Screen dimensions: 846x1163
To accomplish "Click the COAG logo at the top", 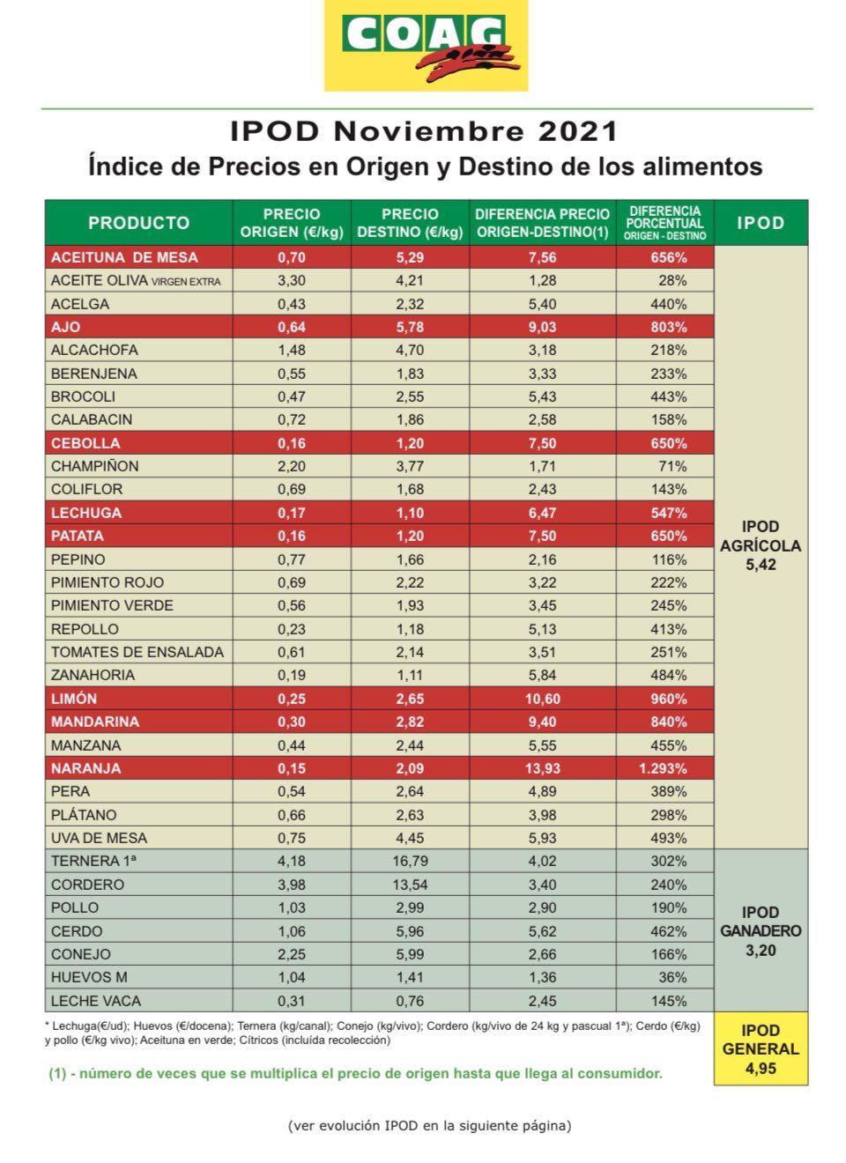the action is (x=426, y=46).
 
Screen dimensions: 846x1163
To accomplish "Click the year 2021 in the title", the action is (x=577, y=131).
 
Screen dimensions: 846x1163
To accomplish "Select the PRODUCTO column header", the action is (x=138, y=223).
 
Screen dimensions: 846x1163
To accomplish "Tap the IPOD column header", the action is (x=761, y=223).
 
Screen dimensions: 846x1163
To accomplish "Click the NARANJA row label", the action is (x=85, y=768).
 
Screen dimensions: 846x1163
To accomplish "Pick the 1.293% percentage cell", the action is (x=663, y=768).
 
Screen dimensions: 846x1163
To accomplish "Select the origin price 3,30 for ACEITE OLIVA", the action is (x=292, y=280).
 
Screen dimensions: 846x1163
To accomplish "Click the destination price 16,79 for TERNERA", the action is (x=410, y=861).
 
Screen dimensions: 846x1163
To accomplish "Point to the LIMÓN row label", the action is (x=74, y=699).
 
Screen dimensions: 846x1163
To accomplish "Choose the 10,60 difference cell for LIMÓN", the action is (x=543, y=699).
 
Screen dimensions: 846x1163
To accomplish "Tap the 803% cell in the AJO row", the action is (x=669, y=327).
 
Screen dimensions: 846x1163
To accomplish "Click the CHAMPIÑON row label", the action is (x=94, y=466).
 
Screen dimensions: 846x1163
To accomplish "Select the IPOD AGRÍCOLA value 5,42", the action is (x=761, y=565).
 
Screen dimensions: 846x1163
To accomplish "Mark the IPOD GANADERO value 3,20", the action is (x=761, y=951).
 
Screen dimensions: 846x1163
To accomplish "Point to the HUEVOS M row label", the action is (x=89, y=977).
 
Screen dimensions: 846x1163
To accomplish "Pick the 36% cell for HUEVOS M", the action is (x=672, y=977).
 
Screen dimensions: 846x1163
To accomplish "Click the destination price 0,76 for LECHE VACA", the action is (x=410, y=1001).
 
